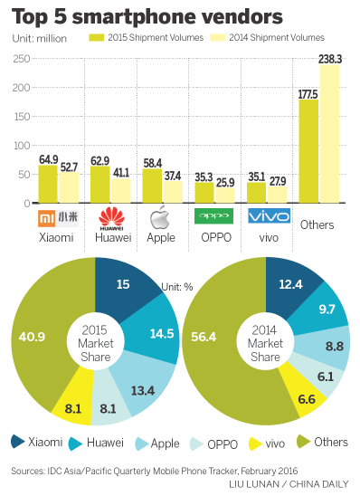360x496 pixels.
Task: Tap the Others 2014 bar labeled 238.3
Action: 329,136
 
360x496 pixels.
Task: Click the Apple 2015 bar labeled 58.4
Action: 153,186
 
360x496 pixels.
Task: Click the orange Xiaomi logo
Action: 56,217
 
